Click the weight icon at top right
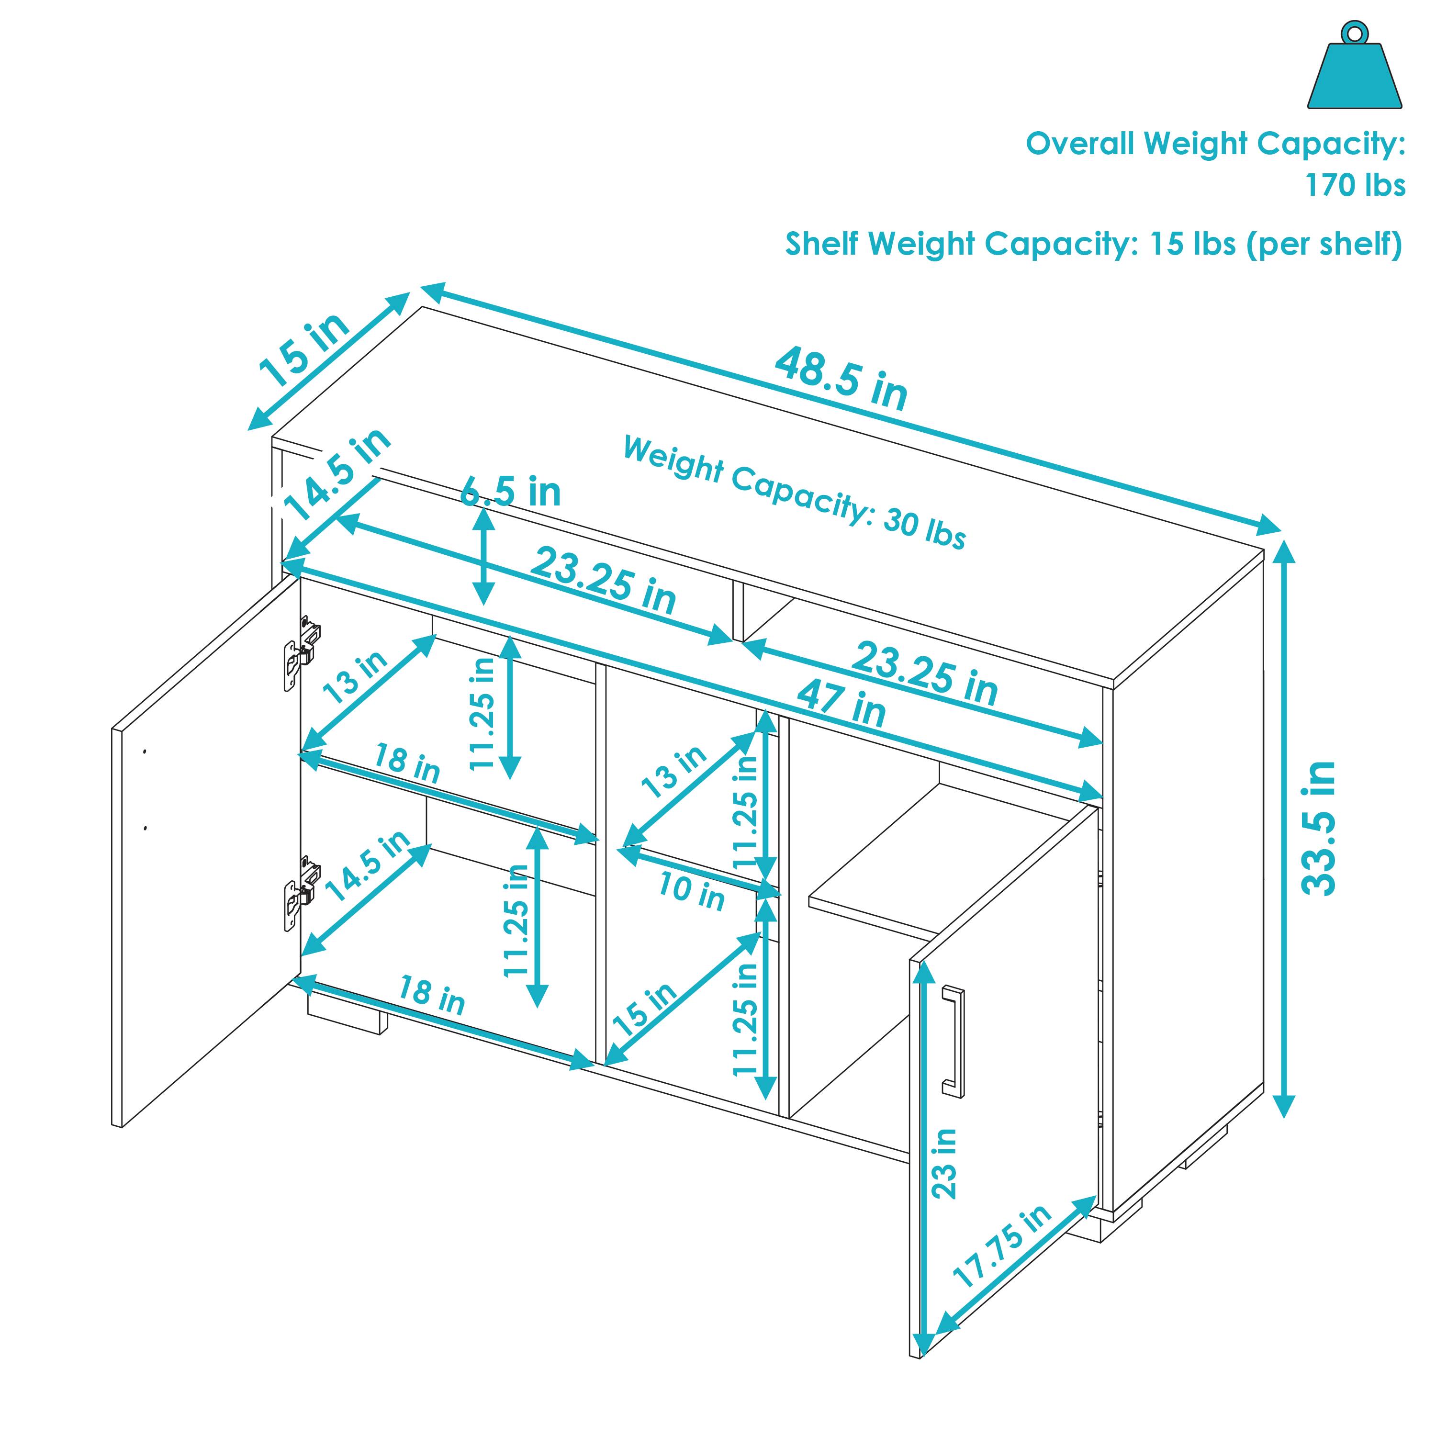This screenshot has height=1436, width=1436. point(1354,71)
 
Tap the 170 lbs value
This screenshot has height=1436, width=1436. point(1355,185)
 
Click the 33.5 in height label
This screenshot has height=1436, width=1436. point(1319,828)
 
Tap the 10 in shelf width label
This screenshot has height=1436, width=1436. point(691,892)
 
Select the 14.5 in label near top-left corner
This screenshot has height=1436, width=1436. point(338,476)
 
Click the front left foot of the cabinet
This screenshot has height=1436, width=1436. point(347,1015)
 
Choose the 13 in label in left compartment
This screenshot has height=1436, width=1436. point(355,678)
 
